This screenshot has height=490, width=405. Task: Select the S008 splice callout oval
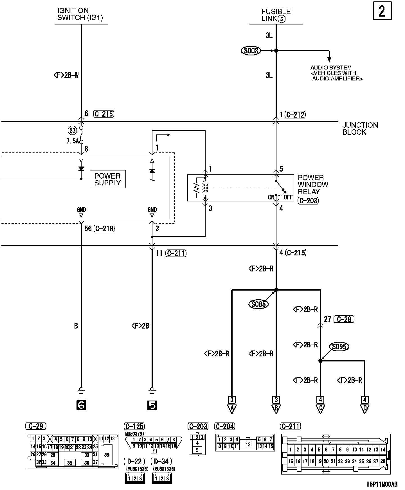(251, 51)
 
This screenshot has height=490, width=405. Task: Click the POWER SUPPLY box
(107, 179)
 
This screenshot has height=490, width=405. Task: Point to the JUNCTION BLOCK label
(360, 129)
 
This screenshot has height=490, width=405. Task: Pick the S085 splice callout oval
(258, 304)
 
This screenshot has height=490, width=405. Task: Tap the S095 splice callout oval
(339, 347)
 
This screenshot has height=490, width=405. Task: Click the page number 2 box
(382, 11)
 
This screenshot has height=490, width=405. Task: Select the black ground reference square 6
(81, 405)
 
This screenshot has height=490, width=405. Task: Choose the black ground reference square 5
(152, 405)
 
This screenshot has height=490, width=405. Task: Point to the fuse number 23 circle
(72, 130)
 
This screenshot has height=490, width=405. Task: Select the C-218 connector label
(104, 229)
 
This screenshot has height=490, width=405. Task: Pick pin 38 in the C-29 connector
(107, 455)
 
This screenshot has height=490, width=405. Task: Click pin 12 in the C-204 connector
(248, 445)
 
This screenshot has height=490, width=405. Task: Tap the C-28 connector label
(344, 319)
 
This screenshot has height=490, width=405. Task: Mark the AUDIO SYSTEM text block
(336, 73)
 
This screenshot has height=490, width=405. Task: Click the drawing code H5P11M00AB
(382, 484)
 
